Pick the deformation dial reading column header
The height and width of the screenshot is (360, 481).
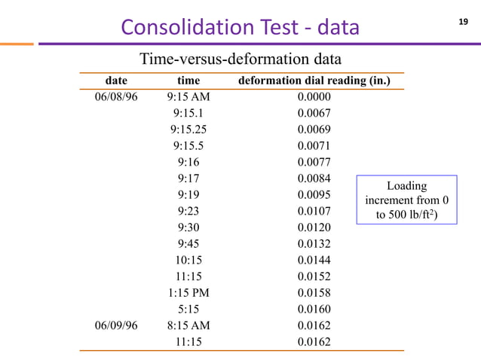[314, 81]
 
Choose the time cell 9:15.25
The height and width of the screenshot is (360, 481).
[188, 130]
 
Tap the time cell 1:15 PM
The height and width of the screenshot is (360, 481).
[188, 293]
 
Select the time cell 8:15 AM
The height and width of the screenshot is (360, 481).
[188, 326]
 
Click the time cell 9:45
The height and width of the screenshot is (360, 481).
[188, 244]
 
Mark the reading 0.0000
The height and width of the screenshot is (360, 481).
[314, 96]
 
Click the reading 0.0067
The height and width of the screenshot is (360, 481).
[314, 113]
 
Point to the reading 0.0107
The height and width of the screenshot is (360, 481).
[314, 212]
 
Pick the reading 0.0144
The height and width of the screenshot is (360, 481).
[314, 261]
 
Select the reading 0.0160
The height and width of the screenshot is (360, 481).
[314, 310]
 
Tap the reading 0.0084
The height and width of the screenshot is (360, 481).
[314, 178]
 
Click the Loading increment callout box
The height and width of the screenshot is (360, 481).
[406, 200]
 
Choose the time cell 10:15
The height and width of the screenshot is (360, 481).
[188, 261]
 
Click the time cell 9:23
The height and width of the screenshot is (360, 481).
[188, 212]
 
